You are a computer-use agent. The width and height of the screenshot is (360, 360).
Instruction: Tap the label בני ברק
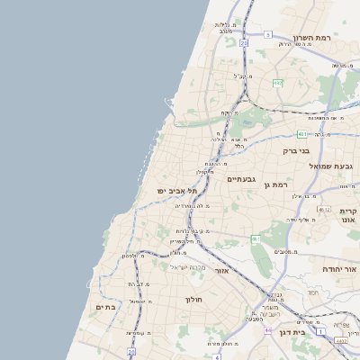[296, 151]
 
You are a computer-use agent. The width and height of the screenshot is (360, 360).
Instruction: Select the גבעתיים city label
[241, 179]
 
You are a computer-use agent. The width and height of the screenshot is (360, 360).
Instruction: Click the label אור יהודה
[340, 269]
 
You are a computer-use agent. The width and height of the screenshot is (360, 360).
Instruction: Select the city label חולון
[195, 300]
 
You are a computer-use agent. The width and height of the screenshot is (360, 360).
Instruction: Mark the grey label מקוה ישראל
[190, 266]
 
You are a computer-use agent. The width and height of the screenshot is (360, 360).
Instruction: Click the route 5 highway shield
[267, 34]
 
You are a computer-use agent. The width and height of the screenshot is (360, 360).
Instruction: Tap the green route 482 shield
[278, 83]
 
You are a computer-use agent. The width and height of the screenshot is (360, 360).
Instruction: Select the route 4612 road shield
[325, 209]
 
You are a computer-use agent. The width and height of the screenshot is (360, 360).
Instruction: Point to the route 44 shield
[267, 330]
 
